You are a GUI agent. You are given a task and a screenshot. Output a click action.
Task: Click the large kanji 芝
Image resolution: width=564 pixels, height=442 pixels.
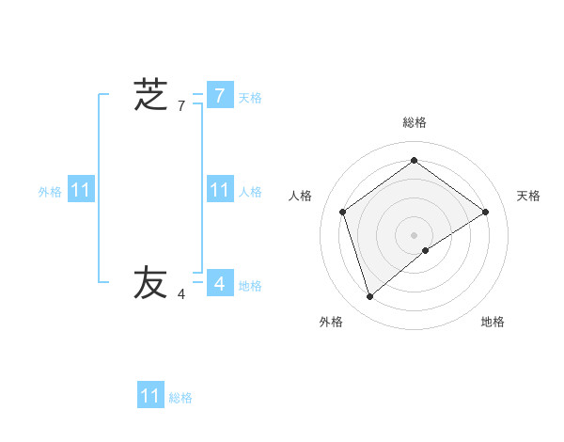[150, 95]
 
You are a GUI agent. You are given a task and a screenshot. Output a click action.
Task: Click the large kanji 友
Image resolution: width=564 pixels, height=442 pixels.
[150, 283]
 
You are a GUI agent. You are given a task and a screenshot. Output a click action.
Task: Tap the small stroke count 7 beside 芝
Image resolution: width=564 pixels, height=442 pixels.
[181, 106]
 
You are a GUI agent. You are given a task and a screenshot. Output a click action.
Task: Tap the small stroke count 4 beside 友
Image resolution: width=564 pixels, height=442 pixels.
[181, 294]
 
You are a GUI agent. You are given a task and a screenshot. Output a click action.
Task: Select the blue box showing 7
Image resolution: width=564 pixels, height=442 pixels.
[219, 95]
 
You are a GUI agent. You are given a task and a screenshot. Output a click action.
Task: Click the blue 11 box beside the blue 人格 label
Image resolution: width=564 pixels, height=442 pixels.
[219, 190]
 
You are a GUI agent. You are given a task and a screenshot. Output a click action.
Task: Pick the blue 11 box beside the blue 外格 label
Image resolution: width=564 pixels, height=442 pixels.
[80, 190]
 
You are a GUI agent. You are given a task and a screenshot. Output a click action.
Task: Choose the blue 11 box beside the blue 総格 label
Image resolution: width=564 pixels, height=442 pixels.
[149, 396]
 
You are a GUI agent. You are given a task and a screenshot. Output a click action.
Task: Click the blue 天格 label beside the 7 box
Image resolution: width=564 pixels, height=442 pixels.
[250, 98]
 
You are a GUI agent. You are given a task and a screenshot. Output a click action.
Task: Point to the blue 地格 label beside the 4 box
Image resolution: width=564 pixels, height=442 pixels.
[250, 286]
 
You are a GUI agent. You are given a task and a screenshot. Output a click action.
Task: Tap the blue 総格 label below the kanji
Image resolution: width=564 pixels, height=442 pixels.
[180, 398]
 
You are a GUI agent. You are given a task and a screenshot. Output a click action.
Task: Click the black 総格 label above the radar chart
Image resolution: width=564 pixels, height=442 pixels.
[414, 122]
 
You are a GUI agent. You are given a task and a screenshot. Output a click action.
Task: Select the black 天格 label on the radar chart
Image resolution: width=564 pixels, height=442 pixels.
[528, 196]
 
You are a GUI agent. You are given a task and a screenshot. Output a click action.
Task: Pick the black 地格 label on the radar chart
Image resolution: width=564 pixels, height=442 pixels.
[493, 322]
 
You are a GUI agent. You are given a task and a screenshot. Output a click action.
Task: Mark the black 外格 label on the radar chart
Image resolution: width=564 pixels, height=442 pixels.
[331, 322]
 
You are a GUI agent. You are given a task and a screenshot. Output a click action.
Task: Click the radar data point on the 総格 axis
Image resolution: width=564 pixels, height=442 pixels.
[414, 161]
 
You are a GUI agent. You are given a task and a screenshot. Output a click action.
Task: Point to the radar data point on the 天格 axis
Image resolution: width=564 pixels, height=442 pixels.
[485, 212]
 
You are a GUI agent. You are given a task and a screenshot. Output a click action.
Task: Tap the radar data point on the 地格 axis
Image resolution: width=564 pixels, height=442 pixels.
[426, 250]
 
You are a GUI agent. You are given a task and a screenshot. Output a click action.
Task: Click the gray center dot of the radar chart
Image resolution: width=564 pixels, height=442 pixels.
[414, 234]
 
